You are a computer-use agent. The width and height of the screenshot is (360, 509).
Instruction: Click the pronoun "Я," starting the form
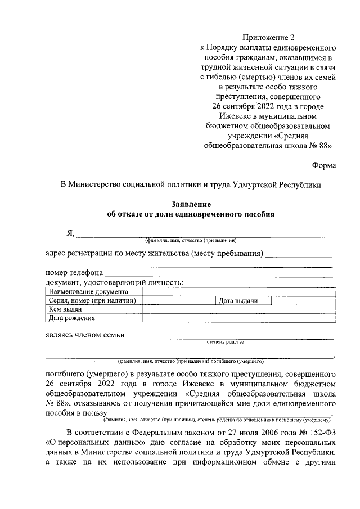(x=70, y=233)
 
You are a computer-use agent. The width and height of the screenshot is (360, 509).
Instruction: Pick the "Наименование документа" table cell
(x=88, y=292)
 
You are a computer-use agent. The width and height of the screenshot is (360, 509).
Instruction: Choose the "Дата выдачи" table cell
(x=238, y=301)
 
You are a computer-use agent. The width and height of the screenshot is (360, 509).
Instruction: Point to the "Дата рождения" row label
(x=71, y=318)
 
